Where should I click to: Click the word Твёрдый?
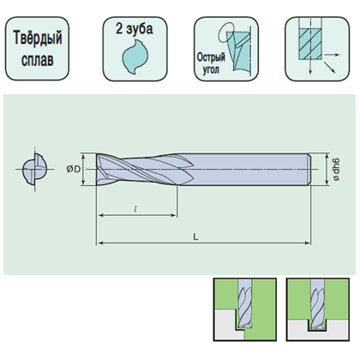38,39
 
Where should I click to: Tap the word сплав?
38,60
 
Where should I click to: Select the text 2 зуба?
135,28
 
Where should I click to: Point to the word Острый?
211,57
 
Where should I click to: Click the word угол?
211,69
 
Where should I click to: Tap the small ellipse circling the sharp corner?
226,32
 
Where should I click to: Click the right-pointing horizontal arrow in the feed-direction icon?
332,55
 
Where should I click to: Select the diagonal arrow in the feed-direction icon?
329,67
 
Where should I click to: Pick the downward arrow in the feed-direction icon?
310,67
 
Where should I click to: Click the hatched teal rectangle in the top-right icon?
310,44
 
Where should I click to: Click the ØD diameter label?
74,170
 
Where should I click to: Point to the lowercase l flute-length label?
135,209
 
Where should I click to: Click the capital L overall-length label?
196,237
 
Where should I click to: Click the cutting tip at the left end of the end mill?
97,170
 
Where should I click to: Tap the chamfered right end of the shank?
309,170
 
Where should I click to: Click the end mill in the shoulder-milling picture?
245,304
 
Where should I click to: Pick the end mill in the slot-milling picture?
318,304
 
